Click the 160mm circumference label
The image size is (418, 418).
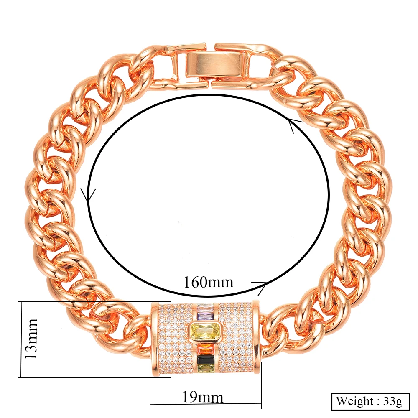click(209, 282)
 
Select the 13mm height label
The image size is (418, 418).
click(31, 339)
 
